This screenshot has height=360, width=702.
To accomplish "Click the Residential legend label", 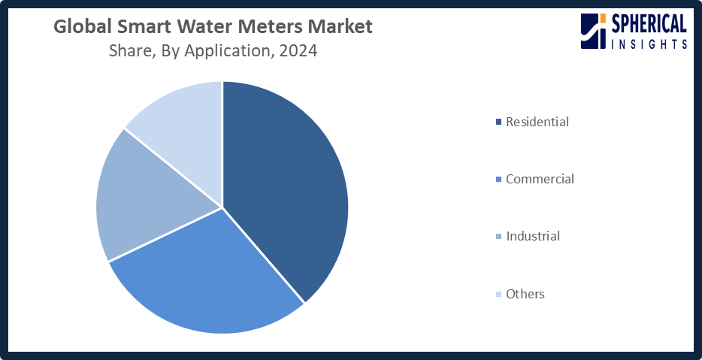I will coord(537,122).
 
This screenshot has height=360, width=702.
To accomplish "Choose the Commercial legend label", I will coord(540,179).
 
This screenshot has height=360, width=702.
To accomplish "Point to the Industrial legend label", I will coord(533,236).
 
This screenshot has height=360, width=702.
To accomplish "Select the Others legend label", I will coord(525,294).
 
